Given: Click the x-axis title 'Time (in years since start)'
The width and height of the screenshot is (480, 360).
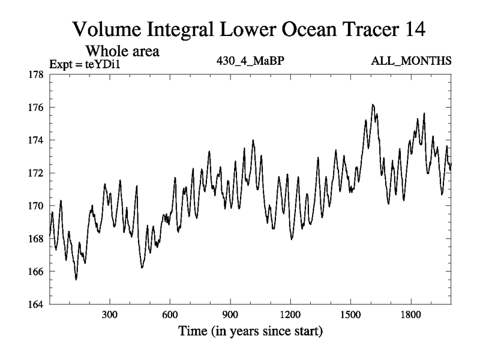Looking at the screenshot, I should [x=250, y=331].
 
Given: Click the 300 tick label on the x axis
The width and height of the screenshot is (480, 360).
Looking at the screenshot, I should [x=110, y=314].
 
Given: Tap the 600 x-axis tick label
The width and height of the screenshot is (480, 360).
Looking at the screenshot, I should [x=170, y=314].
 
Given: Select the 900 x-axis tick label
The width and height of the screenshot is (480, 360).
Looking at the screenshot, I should [x=230, y=314].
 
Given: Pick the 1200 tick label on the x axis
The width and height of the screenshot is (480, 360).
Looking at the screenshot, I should [x=290, y=314].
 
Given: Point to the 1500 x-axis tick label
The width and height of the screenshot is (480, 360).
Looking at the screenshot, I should [x=350, y=314].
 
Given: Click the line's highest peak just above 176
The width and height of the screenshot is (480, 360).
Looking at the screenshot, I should [x=373, y=104].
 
